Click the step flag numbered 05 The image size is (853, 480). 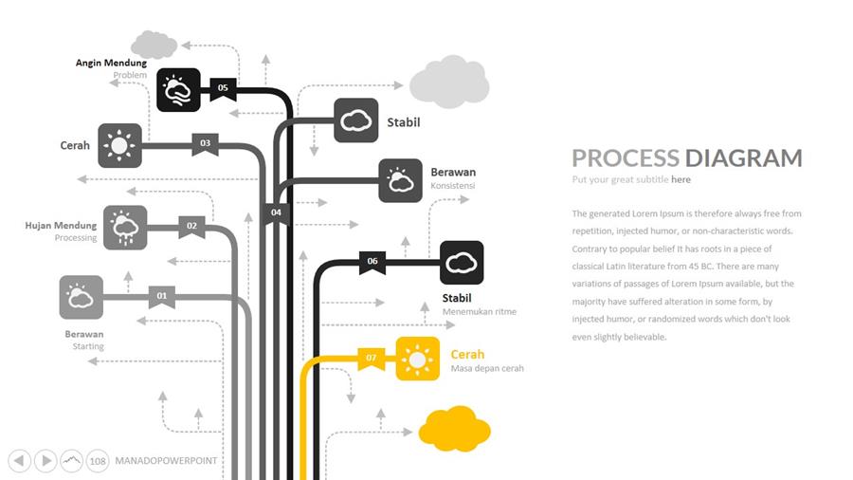click(x=223, y=88)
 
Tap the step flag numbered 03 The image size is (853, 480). click(x=205, y=144)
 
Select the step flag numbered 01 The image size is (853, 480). click(x=162, y=297)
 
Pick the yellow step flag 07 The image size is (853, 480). click(x=372, y=359)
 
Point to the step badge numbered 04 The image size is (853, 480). click(x=276, y=212)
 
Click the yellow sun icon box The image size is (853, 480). click(x=417, y=359)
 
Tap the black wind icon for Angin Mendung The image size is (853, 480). click(x=178, y=90)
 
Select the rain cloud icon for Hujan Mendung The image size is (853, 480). click(x=125, y=228)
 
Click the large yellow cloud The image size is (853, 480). click(x=455, y=429)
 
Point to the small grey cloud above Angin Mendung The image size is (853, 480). click(x=154, y=44)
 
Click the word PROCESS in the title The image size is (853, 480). click(x=626, y=158)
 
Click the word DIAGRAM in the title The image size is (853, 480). click(x=744, y=158)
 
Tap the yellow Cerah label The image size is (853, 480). click(x=468, y=355)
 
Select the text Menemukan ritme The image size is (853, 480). click(x=480, y=311)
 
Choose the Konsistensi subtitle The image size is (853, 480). click(x=453, y=186)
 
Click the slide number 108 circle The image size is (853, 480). click(x=98, y=461)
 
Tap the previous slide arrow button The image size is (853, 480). click(x=19, y=461)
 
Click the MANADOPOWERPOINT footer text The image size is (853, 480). click(x=166, y=461)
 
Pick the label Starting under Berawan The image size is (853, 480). click(x=88, y=346)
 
